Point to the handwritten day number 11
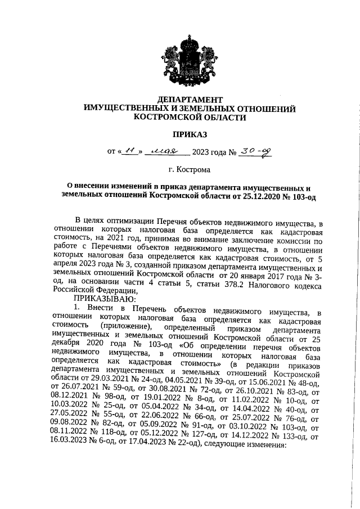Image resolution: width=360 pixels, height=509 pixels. click(130, 151)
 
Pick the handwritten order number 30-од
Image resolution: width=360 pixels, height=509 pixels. click(256, 151)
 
